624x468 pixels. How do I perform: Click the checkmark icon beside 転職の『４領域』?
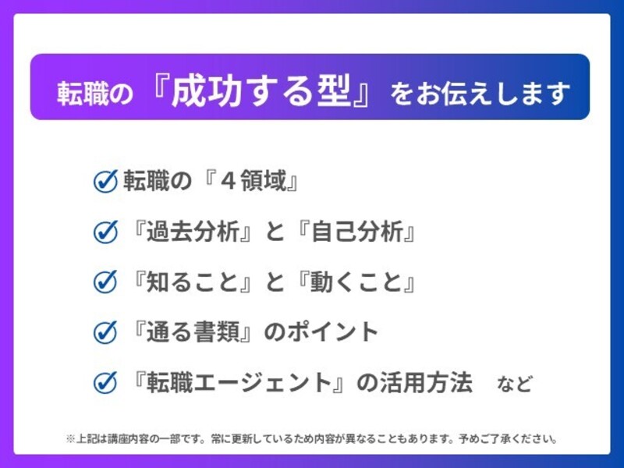pos(105,182)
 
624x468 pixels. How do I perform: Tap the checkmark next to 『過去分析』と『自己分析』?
pos(105,232)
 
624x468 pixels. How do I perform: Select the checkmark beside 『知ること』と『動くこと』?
pos(105,282)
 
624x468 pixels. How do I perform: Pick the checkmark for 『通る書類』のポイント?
pos(105,333)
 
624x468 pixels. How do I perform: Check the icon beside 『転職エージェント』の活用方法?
pos(105,383)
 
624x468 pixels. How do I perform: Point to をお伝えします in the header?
pos(480,94)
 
